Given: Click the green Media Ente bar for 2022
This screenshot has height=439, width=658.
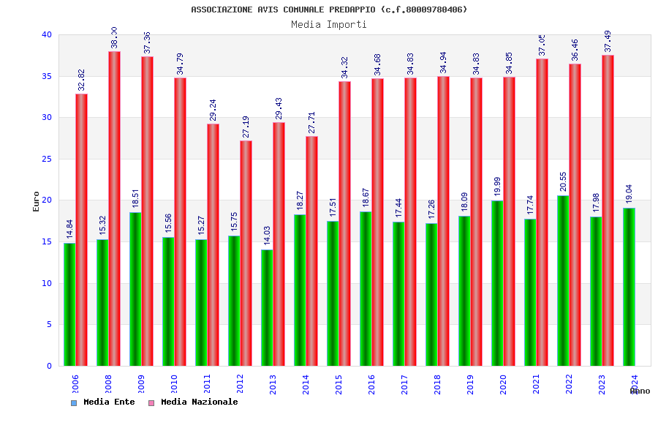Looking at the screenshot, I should (x=563, y=281).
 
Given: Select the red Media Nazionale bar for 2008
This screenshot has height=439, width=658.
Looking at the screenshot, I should (x=114, y=209).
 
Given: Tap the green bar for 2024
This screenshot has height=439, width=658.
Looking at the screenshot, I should (x=629, y=287).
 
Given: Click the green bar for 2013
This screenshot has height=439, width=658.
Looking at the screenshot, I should (x=267, y=307).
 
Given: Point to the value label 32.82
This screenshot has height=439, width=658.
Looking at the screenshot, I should (x=81, y=80).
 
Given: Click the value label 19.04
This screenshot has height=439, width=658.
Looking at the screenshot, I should (x=629, y=194).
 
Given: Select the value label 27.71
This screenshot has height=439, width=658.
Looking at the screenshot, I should (x=311, y=122).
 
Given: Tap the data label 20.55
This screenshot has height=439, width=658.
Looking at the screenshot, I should (x=564, y=181).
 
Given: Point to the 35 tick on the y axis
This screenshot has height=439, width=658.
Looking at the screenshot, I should (x=47, y=76).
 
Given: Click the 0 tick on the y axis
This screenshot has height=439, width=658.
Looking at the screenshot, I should (x=49, y=366).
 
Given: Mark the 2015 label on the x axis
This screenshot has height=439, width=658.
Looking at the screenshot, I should (x=339, y=385).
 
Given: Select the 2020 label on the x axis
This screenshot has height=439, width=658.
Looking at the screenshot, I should (x=503, y=385).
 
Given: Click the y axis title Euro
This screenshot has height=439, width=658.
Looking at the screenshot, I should (x=37, y=201).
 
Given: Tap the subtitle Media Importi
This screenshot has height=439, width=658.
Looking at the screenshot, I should (x=329, y=24).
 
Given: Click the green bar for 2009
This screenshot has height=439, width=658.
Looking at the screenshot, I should (x=135, y=289).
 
